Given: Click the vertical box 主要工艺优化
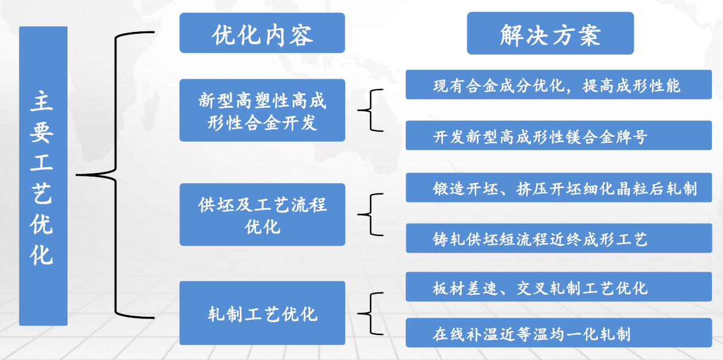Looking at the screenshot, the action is [x=43, y=176].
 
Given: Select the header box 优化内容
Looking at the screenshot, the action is [x=262, y=33].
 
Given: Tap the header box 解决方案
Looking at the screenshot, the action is [x=550, y=33].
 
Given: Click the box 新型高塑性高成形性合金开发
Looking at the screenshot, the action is [x=262, y=111].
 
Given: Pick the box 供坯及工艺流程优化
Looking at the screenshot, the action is [x=262, y=215].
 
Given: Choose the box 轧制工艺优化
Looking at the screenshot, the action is [x=262, y=313].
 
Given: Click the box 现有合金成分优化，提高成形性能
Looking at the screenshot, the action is [x=559, y=84].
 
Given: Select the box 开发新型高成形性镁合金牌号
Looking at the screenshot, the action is [x=559, y=135].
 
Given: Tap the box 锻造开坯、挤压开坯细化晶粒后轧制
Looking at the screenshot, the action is [x=559, y=188].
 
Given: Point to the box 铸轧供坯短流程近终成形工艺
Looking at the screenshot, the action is [x=559, y=238].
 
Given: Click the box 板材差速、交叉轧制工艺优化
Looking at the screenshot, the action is [x=559, y=287].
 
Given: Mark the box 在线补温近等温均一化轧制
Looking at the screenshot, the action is [x=559, y=333].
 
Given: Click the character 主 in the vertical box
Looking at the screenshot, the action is [x=42, y=101].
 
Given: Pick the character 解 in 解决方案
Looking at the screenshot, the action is [x=511, y=35].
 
